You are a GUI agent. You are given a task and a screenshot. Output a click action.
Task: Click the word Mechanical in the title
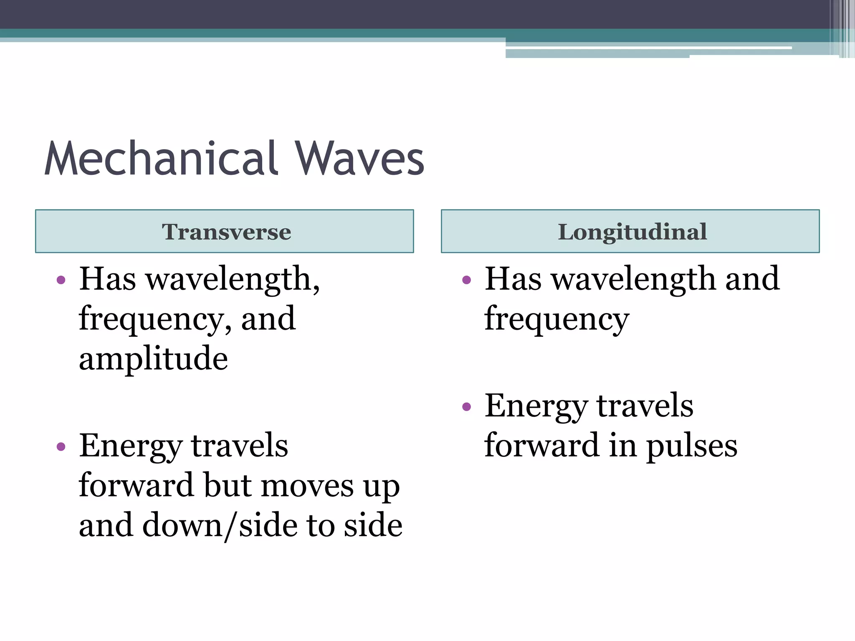pyautogui.click(x=161, y=159)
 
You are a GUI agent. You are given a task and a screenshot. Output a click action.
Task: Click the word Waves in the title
pyautogui.click(x=359, y=159)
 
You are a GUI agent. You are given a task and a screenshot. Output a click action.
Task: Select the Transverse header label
pyautogui.click(x=226, y=232)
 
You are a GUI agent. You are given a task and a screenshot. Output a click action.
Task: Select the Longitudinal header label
pyautogui.click(x=632, y=232)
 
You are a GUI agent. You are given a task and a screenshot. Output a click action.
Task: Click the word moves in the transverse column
pyautogui.click(x=308, y=486)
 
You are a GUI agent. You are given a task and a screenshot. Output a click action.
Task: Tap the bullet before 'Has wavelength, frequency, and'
pyautogui.click(x=61, y=280)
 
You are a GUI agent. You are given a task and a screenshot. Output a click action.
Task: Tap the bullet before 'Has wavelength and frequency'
pyautogui.click(x=466, y=280)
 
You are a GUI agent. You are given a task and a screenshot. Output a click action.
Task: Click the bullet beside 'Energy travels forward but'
pyautogui.click(x=61, y=447)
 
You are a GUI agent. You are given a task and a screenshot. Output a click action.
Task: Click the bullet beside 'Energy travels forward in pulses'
pyautogui.click(x=466, y=406)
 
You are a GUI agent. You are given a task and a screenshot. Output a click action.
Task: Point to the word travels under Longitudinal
pyautogui.click(x=645, y=406)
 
